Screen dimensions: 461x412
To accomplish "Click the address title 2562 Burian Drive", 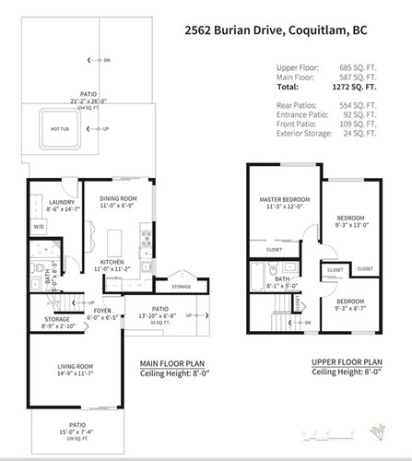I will [x=286, y=29].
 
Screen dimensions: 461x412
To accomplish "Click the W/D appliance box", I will [x=39, y=227].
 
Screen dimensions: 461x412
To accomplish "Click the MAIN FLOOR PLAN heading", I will [x=171, y=362].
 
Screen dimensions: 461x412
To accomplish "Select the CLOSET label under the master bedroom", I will [x=274, y=249].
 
